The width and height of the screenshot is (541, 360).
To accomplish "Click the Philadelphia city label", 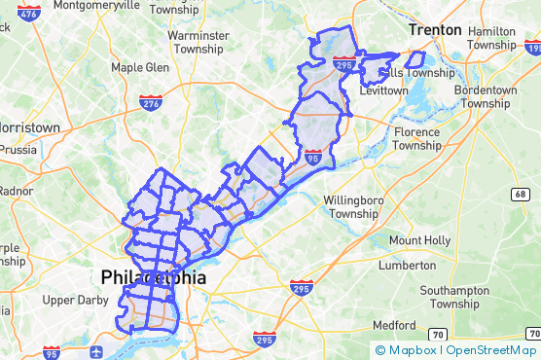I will [153, 277].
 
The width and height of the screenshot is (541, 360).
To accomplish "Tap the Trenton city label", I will [435, 30].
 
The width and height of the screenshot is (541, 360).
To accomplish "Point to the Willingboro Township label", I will [349, 207].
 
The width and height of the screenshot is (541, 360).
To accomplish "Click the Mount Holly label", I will [419, 240].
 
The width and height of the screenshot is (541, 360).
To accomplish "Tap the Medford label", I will [393, 324].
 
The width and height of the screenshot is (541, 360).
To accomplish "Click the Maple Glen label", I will [140, 67].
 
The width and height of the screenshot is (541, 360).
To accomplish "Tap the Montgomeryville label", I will [97, 5].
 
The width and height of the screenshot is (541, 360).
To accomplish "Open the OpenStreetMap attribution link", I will [491, 350].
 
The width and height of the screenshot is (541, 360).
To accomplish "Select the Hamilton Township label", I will [491, 38].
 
